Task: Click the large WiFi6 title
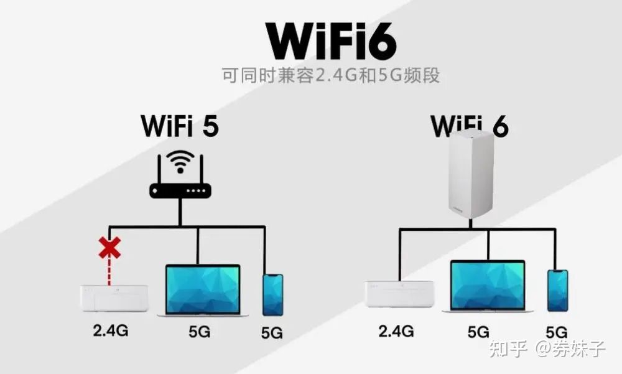click(x=332, y=40)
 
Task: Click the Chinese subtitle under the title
click(x=331, y=75)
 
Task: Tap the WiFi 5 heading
click(x=180, y=126)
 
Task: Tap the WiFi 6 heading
click(x=470, y=126)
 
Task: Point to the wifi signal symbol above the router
click(x=180, y=162)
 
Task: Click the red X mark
click(x=109, y=248)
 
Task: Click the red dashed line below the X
click(x=109, y=272)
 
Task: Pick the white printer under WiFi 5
click(x=114, y=298)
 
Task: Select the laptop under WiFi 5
click(x=203, y=290)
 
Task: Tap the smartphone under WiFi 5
click(x=273, y=294)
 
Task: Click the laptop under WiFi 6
click(x=488, y=286)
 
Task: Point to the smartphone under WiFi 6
click(x=558, y=291)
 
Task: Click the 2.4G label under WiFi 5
click(x=111, y=330)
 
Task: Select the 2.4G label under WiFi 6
click(x=396, y=330)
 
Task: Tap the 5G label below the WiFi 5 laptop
click(x=200, y=332)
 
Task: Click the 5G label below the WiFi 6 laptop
click(x=478, y=332)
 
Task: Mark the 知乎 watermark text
click(x=508, y=349)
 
